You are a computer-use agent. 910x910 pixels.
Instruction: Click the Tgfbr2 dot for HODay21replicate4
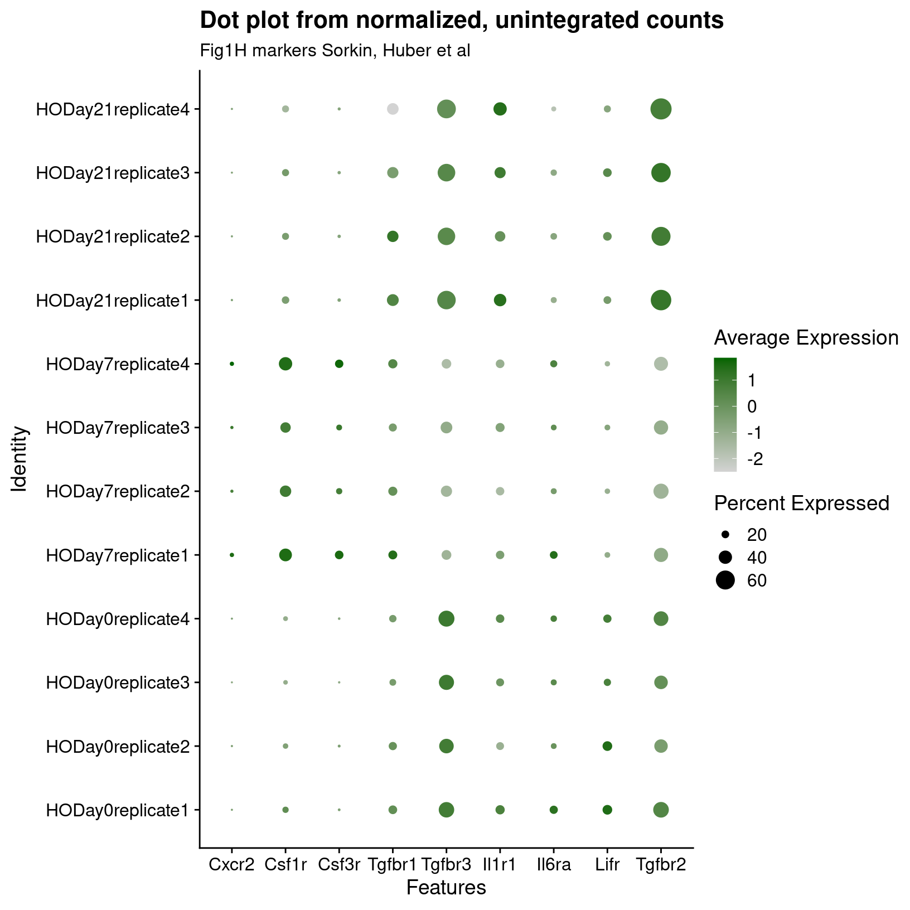[661, 109]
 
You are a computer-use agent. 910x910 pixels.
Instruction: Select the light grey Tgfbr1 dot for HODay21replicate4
[393, 109]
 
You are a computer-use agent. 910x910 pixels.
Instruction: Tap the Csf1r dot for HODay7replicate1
[285, 555]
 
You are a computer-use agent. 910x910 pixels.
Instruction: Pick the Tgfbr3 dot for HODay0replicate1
[446, 810]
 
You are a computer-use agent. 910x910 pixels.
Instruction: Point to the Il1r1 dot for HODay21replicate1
[500, 300]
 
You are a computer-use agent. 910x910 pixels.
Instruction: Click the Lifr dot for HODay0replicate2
[607, 746]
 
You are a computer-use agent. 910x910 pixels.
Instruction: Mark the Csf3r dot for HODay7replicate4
[339, 364]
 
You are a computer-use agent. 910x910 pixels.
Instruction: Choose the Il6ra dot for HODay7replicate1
[554, 555]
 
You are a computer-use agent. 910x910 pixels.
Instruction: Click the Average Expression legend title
[806, 338]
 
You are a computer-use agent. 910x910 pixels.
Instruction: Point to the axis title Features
[446, 888]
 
